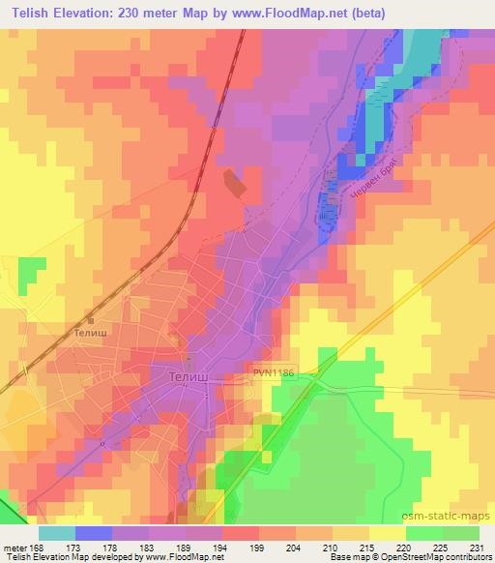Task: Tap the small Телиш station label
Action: [x=95, y=331]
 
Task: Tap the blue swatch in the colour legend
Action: [x=94, y=532]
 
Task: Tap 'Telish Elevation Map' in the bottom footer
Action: [x=44, y=557]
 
